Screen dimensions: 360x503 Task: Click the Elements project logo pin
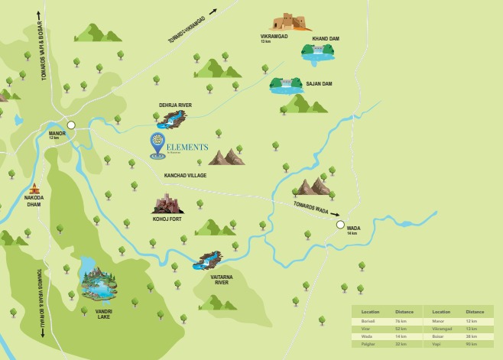point(157,144)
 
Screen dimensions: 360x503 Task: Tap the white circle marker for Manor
point(71,125)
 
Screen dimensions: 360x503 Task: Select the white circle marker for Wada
point(340,225)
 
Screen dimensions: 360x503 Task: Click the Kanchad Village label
point(185,176)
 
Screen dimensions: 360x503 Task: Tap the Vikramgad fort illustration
point(290,22)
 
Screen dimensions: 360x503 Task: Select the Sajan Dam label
point(319,83)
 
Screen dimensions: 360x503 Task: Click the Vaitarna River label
point(221,279)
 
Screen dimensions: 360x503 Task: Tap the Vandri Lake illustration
point(99,284)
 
